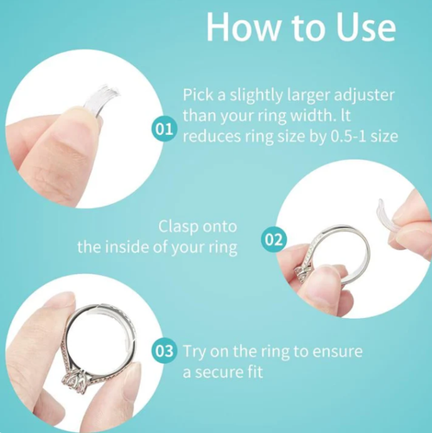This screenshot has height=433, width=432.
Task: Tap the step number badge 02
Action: [273, 239]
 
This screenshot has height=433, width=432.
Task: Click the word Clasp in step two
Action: [178, 226]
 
